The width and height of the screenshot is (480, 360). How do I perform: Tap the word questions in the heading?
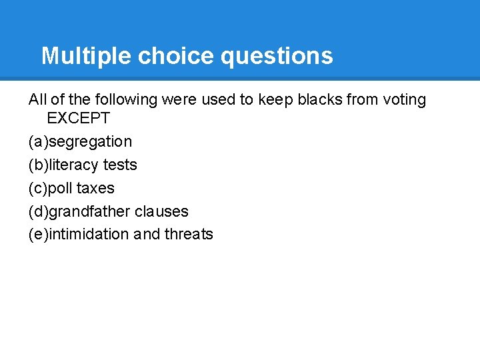(x=277, y=56)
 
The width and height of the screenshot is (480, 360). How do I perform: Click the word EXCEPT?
(x=78, y=119)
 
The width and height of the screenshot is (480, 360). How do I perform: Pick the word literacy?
(x=73, y=165)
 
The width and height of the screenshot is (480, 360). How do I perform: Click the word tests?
(x=120, y=165)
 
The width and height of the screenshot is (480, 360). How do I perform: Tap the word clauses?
(x=161, y=211)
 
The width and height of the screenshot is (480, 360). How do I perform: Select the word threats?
(x=189, y=234)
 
